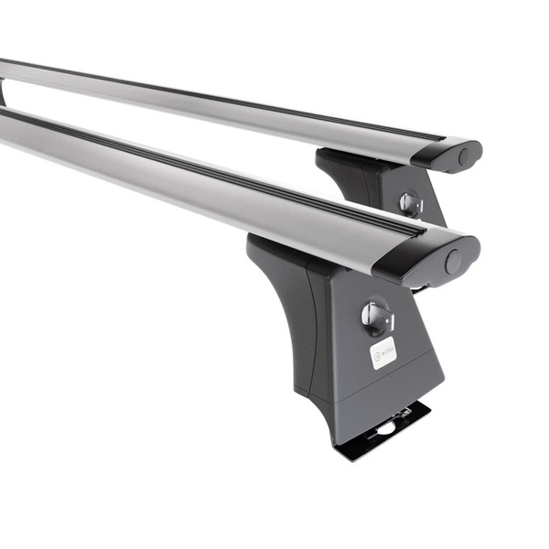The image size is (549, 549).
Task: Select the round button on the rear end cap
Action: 466,156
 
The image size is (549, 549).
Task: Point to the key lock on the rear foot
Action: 411,203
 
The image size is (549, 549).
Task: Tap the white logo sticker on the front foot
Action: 383,352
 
